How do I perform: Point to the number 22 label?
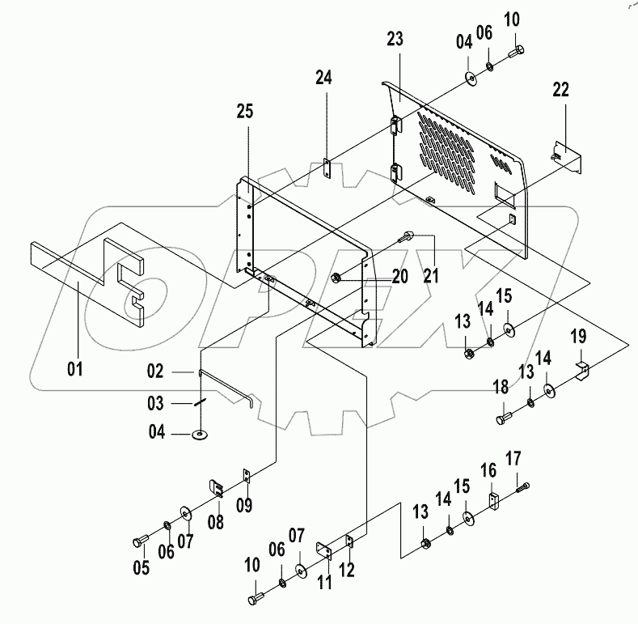point(560,90)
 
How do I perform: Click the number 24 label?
point(323,78)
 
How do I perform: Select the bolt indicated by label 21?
point(406,236)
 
